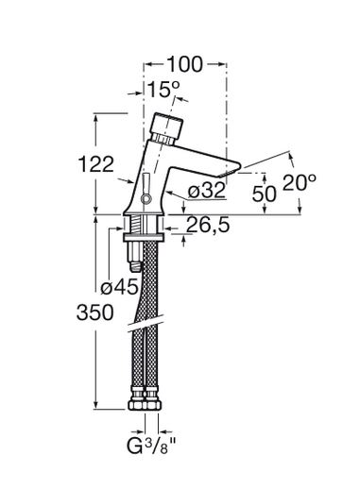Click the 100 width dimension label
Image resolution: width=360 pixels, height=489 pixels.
pyautogui.click(x=184, y=64)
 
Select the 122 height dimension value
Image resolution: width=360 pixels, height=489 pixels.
pyautogui.click(x=95, y=164)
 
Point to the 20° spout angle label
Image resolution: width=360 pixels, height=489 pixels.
pyautogui.click(x=300, y=182)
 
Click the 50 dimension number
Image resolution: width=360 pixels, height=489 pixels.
pyautogui.click(x=265, y=194)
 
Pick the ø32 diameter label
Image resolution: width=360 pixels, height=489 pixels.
pyautogui.click(x=207, y=191)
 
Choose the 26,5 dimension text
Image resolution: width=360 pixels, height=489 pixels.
pyautogui.click(x=208, y=226)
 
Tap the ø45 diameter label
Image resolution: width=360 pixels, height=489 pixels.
pyautogui.click(x=119, y=287)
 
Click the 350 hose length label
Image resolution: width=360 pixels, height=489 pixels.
pyautogui.click(x=94, y=312)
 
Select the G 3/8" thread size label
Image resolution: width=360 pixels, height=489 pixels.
pyautogui.click(x=151, y=447)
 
